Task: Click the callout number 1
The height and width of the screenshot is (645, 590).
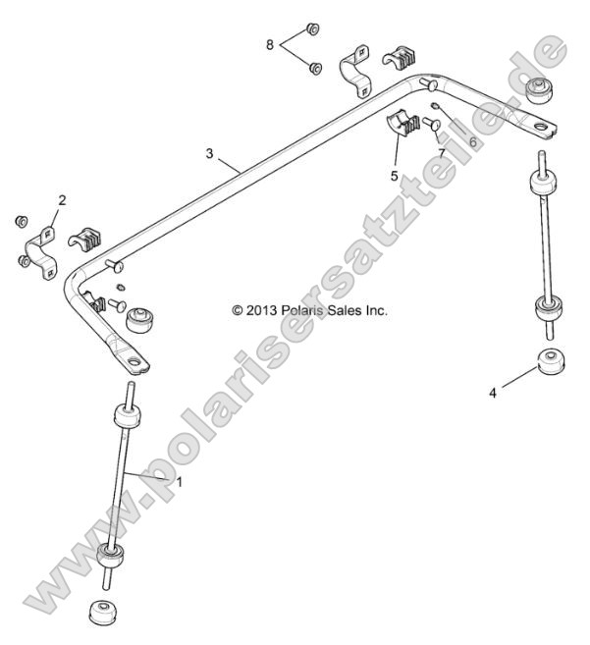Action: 179,482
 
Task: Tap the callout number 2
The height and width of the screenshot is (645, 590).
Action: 62,200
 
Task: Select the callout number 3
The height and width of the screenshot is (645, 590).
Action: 209,153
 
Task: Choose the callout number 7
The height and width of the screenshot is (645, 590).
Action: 442,154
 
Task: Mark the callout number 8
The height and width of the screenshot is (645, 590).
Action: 270,44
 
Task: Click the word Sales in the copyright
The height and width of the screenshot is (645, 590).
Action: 349,311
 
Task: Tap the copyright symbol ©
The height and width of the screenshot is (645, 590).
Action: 237,311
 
